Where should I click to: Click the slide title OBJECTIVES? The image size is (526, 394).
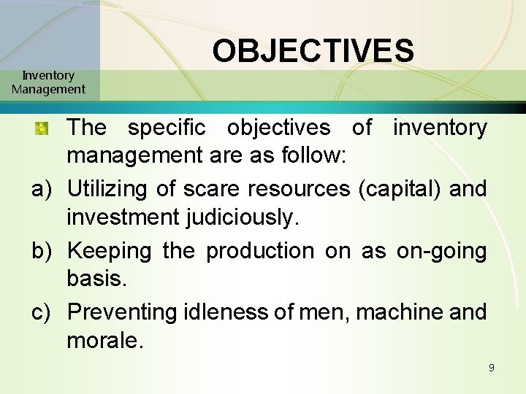click(x=313, y=51)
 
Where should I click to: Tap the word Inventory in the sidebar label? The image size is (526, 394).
click(x=48, y=75)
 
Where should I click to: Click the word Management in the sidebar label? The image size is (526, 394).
click(x=48, y=89)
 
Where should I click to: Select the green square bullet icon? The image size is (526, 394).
click(x=42, y=128)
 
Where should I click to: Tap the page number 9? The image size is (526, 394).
click(x=492, y=367)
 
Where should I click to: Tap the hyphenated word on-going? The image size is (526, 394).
click(x=441, y=250)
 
